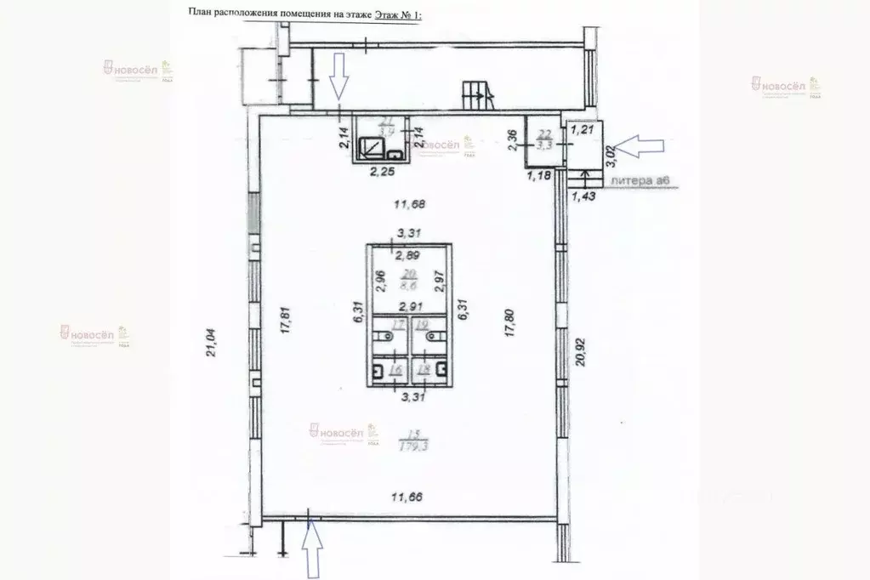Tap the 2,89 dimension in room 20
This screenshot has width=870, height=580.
pyautogui.click(x=409, y=256)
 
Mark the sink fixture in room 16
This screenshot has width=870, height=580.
pyautogui.click(x=378, y=370)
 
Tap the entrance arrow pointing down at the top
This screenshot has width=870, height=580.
pyautogui.click(x=338, y=75)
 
